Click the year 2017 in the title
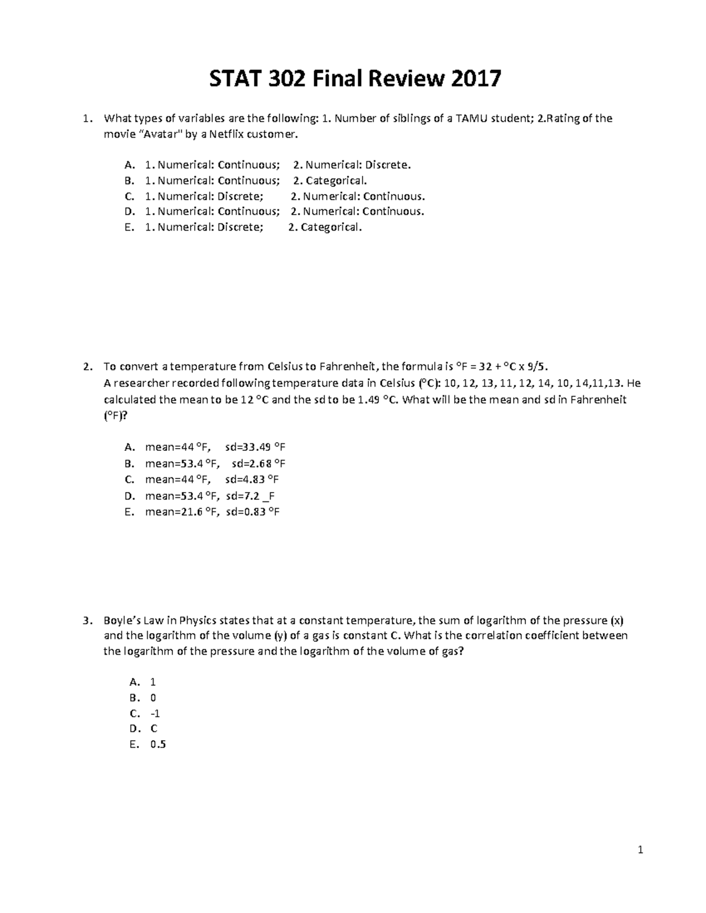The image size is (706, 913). pyautogui.click(x=476, y=78)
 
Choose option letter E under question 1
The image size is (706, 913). pyautogui.click(x=128, y=227)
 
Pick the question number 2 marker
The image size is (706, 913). pyautogui.click(x=87, y=367)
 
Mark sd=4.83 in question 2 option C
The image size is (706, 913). pyautogui.click(x=248, y=479)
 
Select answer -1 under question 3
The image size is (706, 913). pyautogui.click(x=155, y=714)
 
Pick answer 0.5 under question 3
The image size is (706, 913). pyautogui.click(x=158, y=744)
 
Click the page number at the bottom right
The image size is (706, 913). pyautogui.click(x=641, y=850)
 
